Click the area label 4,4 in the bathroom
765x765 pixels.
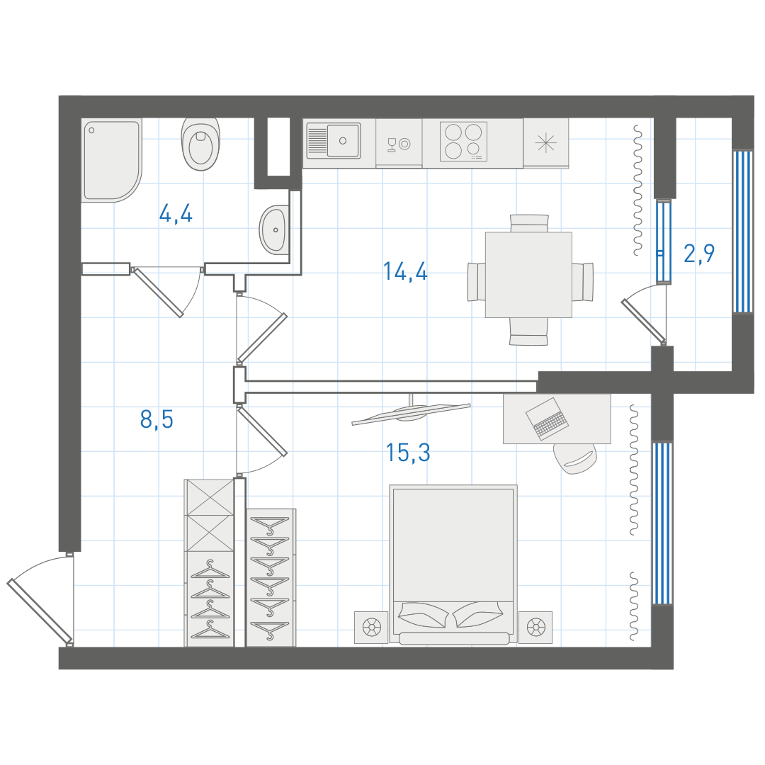click(176, 214)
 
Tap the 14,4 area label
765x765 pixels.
click(405, 271)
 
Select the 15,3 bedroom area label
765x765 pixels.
click(408, 452)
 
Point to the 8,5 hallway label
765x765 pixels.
click(157, 419)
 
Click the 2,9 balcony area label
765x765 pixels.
click(699, 253)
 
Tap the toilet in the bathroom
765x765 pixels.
click(200, 143)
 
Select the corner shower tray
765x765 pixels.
click(112, 159)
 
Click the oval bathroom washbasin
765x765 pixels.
click(274, 229)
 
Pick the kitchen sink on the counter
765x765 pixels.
click(334, 140)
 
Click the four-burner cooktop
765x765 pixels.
click(463, 141)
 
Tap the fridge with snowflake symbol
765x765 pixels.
click(546, 143)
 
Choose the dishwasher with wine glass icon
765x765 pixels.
click(399, 143)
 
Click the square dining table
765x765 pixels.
click(528, 275)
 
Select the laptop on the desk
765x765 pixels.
click(546, 419)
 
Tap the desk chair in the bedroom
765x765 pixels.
click(575, 458)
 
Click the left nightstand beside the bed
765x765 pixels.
click(371, 627)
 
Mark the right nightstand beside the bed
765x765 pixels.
click(535, 627)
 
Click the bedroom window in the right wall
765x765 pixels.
click(662, 523)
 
